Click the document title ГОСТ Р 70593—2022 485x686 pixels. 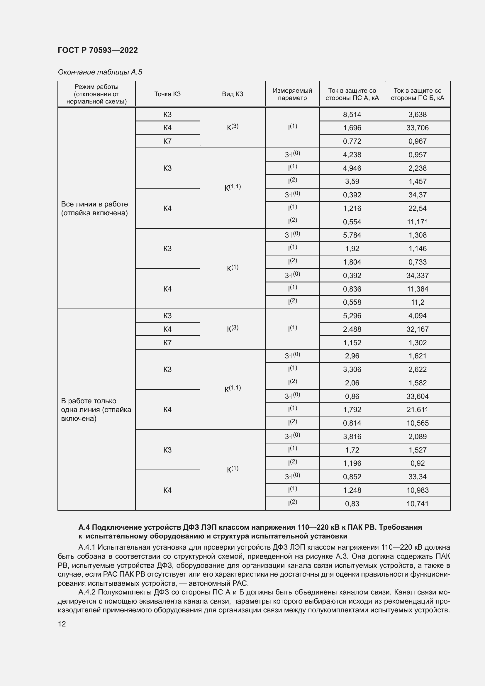tap(98, 50)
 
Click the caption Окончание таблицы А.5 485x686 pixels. tap(100, 72)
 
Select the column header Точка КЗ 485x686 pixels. tap(167, 94)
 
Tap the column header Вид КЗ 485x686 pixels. tap(232, 94)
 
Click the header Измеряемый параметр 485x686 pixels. tap(292, 94)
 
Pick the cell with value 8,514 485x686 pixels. tap(352, 114)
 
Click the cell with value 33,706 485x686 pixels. tap(417, 128)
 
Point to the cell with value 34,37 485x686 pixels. tap(417, 195)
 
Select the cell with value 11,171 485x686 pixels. tap(417, 222)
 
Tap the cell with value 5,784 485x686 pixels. tap(352, 235)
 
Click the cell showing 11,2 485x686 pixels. tap(417, 302)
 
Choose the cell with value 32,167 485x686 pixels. tap(417, 329)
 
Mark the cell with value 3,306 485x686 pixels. tap(352, 370)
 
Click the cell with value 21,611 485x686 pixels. tap(417, 410)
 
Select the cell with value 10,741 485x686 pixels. tap(417, 504)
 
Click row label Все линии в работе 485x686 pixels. tap(94, 208)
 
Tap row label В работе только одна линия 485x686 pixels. tap(96, 410)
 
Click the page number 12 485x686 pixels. tap(62, 624)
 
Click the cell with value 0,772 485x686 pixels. tap(352, 141)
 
